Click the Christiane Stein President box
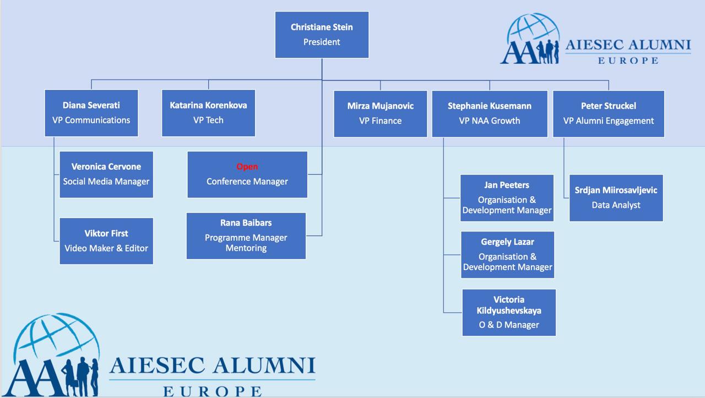(322, 35)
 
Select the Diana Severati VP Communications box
(91, 113)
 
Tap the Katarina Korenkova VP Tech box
(208, 113)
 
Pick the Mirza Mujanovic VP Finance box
(380, 114)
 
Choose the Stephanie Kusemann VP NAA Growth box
(490, 114)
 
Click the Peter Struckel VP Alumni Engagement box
(609, 114)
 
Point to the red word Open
(247, 166)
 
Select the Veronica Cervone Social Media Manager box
(106, 174)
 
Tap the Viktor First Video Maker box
(106, 241)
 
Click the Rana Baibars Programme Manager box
(246, 236)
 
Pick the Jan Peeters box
(507, 198)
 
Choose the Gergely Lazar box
(507, 255)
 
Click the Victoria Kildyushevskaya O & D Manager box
(509, 313)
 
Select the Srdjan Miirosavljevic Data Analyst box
(616, 198)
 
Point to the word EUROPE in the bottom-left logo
(213, 392)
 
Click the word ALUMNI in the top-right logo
(660, 45)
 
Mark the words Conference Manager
(247, 182)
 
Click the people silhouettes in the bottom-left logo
(80, 377)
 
